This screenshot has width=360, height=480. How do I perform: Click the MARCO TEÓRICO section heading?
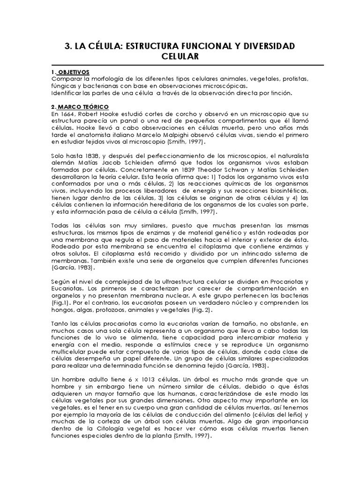click(82, 107)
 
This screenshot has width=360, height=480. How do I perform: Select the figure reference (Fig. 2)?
click(201, 310)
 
